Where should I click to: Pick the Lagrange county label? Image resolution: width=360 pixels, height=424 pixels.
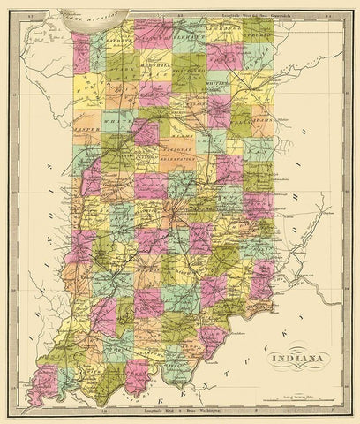[x=226, y=34]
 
